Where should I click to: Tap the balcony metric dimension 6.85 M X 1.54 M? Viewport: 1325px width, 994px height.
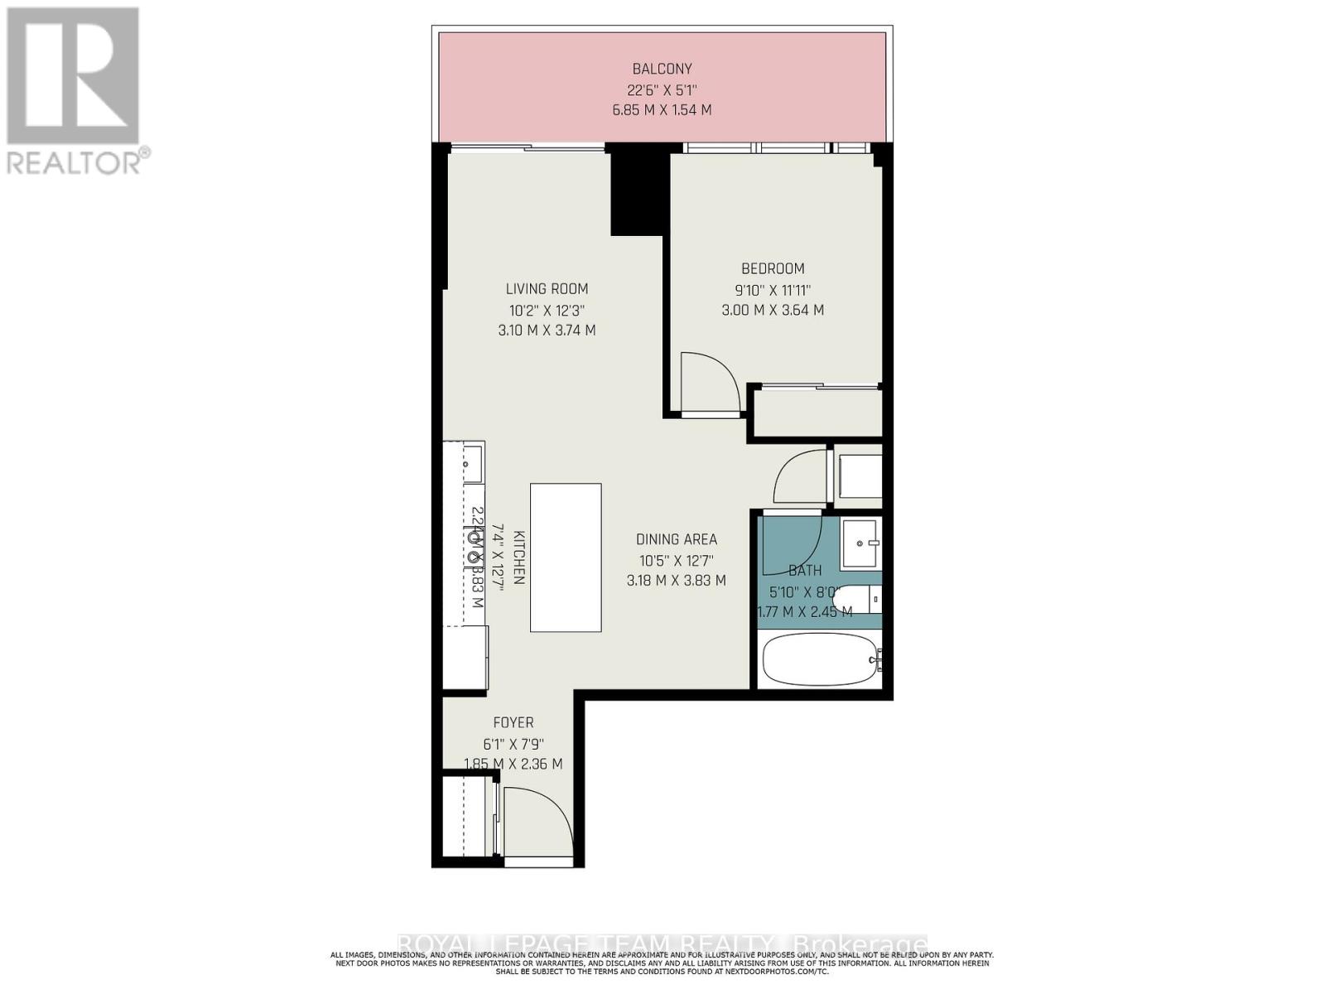pos(662,110)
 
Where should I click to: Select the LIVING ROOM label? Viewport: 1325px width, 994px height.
pos(547,289)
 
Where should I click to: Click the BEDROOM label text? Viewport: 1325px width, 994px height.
pos(773,268)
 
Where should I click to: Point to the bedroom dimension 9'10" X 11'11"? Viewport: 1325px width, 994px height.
pos(773,290)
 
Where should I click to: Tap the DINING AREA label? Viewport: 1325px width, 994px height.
pos(677,539)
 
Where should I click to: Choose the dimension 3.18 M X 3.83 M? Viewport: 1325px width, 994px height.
pos(677,581)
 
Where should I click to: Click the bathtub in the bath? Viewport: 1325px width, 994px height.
pos(820,659)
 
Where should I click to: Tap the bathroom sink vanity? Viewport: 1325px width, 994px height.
pos(861,543)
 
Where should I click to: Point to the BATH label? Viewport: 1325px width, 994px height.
pos(805,571)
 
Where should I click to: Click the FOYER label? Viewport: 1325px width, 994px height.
pos(513,723)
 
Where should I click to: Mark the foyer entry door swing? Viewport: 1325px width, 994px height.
pos(537,824)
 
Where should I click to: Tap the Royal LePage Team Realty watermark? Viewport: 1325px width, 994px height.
pos(662,944)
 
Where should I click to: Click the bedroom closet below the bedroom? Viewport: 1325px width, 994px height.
pos(817,413)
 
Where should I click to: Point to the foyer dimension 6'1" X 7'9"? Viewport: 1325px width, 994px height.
pos(513,744)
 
